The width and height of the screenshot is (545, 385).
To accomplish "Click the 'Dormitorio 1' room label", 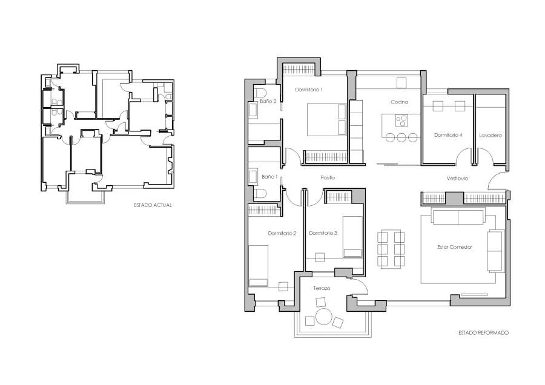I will [309, 90].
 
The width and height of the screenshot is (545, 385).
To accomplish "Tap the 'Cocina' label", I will [399, 102].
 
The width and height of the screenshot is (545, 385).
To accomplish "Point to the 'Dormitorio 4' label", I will [448, 135].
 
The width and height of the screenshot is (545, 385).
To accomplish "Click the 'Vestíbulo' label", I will [458, 179].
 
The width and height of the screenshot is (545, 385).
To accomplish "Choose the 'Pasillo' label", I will [328, 177].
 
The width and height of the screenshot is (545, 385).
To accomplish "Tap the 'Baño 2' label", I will [268, 102].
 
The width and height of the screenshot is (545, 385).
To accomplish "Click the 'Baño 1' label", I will [269, 177].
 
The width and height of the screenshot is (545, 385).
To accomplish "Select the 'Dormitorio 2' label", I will [282, 233].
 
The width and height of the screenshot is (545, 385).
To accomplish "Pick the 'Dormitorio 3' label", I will [323, 233].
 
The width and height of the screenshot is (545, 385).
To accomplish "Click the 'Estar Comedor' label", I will [455, 247].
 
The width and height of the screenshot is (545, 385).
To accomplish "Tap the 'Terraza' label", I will [322, 289].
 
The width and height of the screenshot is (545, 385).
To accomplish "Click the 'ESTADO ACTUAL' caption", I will [153, 205].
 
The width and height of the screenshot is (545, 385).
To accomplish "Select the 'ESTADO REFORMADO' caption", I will [483, 333].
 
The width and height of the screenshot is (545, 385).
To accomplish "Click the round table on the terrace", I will [323, 317].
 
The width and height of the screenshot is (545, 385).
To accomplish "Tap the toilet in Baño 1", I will [259, 194].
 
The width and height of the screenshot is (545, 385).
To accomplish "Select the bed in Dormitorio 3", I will [352, 235].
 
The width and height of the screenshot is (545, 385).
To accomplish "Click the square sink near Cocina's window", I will [401, 82].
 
